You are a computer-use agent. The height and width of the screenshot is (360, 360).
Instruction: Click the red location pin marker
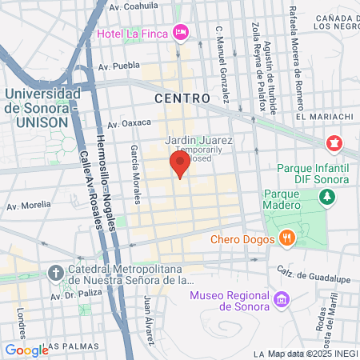(179, 166)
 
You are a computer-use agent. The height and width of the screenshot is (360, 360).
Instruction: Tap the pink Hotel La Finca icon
(182, 32)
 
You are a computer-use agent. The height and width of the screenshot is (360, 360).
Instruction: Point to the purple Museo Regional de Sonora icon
(281, 300)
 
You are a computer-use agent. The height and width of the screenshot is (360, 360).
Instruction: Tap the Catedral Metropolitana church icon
(54, 271)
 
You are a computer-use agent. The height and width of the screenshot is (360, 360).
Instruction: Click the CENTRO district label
(182, 98)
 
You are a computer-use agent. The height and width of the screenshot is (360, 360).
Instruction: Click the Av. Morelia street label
(29, 206)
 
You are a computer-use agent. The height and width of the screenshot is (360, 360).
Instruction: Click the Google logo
(26, 349)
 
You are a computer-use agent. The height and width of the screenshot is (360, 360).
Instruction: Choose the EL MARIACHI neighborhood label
(324, 116)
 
